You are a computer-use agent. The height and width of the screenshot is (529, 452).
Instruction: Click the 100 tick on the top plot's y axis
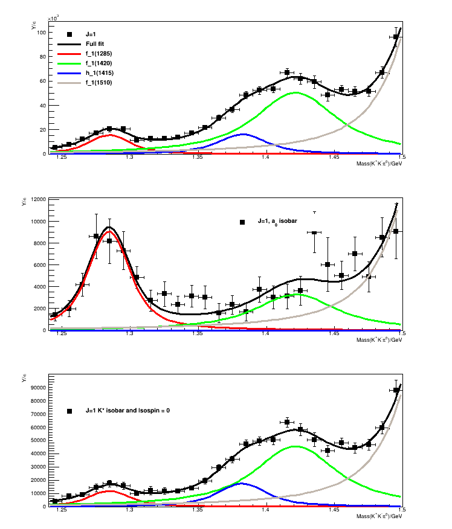tap(42, 32)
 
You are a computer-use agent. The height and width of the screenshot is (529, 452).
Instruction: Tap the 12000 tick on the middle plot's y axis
tap(39, 200)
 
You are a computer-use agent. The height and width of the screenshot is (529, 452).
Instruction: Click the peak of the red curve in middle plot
tap(109, 231)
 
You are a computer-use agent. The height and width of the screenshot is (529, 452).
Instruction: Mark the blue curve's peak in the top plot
tap(244, 134)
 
